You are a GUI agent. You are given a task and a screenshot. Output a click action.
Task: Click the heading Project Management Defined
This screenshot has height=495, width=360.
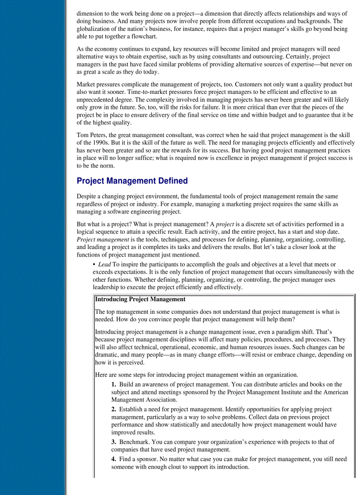click(132, 181)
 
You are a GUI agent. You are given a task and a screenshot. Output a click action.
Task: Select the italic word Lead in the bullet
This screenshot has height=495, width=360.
click(104, 264)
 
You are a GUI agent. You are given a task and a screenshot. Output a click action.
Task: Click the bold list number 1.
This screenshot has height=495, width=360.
click(113, 384)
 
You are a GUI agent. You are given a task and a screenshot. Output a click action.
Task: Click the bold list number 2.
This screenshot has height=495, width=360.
click(113, 409)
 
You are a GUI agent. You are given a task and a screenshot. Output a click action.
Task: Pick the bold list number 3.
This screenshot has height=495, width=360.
click(113, 442)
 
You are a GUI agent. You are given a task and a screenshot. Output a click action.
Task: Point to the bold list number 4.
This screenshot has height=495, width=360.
click(113, 459)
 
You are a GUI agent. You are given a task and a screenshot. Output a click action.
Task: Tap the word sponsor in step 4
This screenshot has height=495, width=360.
click(143, 459)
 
